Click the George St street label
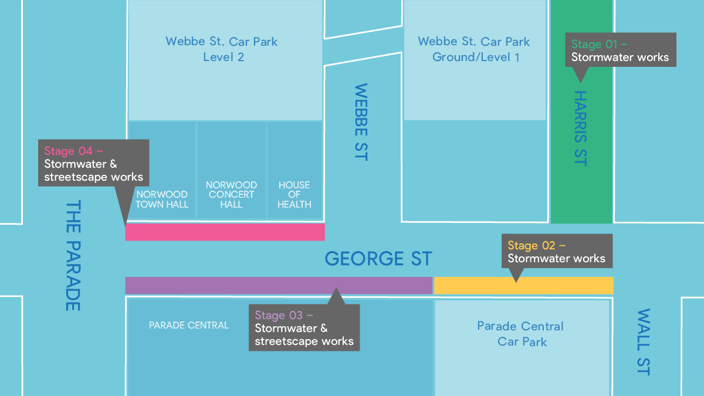pos(378,259)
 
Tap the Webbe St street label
pos(361,122)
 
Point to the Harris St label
pos(580,128)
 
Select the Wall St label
pos(644,341)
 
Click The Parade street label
pos(72,255)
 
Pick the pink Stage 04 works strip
pos(225,232)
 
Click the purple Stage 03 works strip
pos(279,286)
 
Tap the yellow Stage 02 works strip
pos(523,286)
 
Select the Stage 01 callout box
pos(620,50)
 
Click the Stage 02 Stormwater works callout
pos(556,252)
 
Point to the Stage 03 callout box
pos(304,328)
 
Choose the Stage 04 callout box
pos(94,163)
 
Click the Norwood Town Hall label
pos(162,199)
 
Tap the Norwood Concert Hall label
pos(231,194)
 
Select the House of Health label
pos(295,194)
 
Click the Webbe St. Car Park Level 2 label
pos(222,49)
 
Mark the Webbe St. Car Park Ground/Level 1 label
pos(474,49)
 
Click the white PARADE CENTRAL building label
pos(189,325)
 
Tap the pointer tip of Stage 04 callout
pos(126,224)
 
